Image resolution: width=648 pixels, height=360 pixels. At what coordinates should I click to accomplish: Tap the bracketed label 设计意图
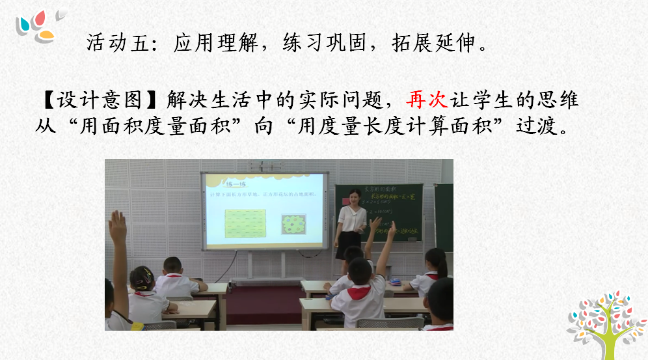tap(100, 100)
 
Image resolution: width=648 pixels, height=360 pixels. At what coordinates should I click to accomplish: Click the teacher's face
tap(355, 196)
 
